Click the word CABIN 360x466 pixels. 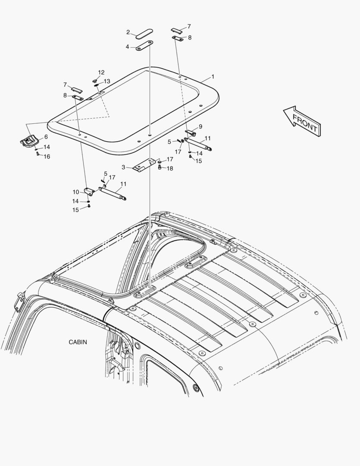[x=78, y=342]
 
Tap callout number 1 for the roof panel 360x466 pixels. [x=213, y=77]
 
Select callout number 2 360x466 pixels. [x=128, y=32]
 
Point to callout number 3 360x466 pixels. [x=123, y=167]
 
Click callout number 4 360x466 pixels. [x=128, y=47]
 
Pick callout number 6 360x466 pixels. [x=46, y=137]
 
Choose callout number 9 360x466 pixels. [x=200, y=126]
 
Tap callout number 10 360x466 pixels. [x=76, y=192]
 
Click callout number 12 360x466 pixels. [x=101, y=72]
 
